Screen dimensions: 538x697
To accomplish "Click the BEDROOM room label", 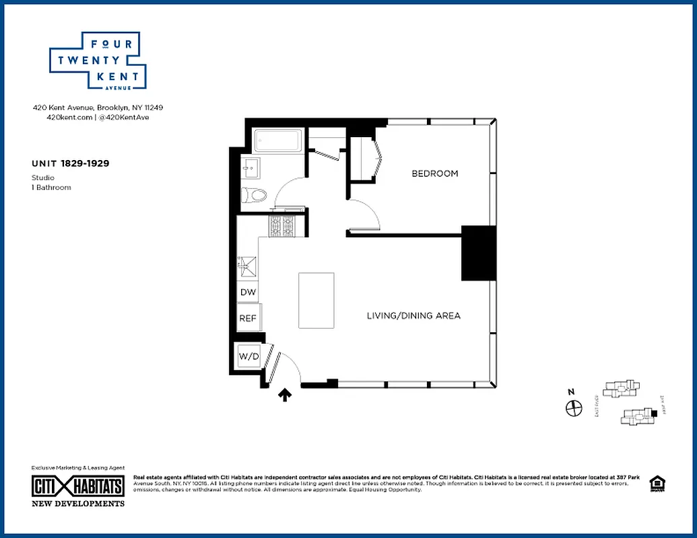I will coord(434,174).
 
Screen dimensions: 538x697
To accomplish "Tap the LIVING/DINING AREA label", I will coord(413,315).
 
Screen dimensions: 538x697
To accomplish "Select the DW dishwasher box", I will coord(247,293).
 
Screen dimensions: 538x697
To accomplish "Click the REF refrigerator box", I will coord(248,318).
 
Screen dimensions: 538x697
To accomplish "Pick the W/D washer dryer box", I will coord(248,356).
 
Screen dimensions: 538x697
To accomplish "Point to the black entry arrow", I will coord(285,395).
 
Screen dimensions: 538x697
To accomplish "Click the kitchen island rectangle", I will coord(317,301).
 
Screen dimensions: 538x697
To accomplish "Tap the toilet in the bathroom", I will coord(255,195).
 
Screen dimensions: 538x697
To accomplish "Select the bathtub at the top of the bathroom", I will coord(277,142).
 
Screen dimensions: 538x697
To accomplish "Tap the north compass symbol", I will coord(572,408).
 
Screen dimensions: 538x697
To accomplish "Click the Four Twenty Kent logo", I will coord(98,60).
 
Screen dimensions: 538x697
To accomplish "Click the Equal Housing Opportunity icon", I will coord(655,484).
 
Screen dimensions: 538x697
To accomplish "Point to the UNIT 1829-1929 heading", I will coord(71,163).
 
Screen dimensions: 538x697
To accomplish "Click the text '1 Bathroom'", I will coord(51,188).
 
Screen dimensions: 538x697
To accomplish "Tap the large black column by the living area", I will coord(478,254).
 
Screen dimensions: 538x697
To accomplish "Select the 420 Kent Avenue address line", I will coord(98,108).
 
